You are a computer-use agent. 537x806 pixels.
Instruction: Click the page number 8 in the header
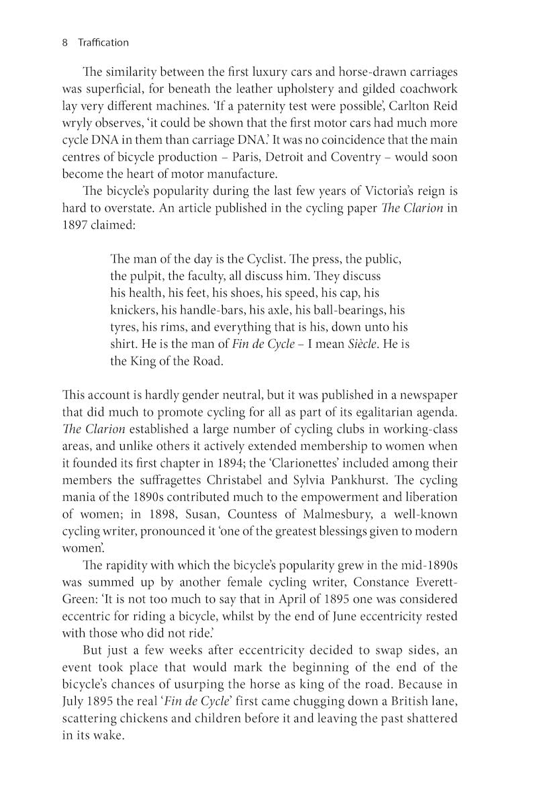[65, 42]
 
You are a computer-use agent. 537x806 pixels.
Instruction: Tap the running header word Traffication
[103, 42]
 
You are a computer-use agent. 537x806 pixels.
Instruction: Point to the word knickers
[134, 310]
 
